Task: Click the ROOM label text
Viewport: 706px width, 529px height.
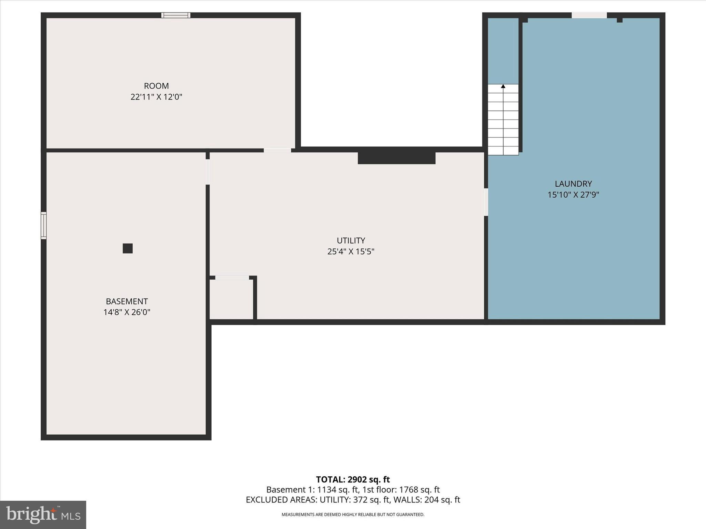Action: [156, 86]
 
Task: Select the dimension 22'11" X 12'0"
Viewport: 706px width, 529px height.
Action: [156, 97]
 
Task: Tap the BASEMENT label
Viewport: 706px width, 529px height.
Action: [127, 301]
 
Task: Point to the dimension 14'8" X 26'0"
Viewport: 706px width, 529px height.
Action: [127, 312]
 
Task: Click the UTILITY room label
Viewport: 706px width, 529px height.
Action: [351, 240]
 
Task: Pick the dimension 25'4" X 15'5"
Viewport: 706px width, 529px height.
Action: [351, 251]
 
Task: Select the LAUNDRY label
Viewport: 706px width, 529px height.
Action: [573, 184]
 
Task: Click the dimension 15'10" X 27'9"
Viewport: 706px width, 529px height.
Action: [573, 195]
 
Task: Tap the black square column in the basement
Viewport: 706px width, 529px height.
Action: [128, 248]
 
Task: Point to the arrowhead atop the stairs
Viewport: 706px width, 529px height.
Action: [503, 86]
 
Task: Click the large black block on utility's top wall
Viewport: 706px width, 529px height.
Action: [396, 158]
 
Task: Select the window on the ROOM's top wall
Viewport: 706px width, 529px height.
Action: [176, 15]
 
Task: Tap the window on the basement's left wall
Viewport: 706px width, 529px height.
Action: [43, 226]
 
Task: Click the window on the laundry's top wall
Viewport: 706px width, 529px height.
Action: [589, 15]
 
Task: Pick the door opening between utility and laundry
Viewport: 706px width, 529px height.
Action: [486, 202]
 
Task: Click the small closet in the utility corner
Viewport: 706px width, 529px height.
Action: [231, 299]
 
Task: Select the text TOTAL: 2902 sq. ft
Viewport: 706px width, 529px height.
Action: [353, 479]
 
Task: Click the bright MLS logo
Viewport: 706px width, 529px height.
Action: [43, 515]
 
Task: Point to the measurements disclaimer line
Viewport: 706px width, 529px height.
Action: [353, 515]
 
